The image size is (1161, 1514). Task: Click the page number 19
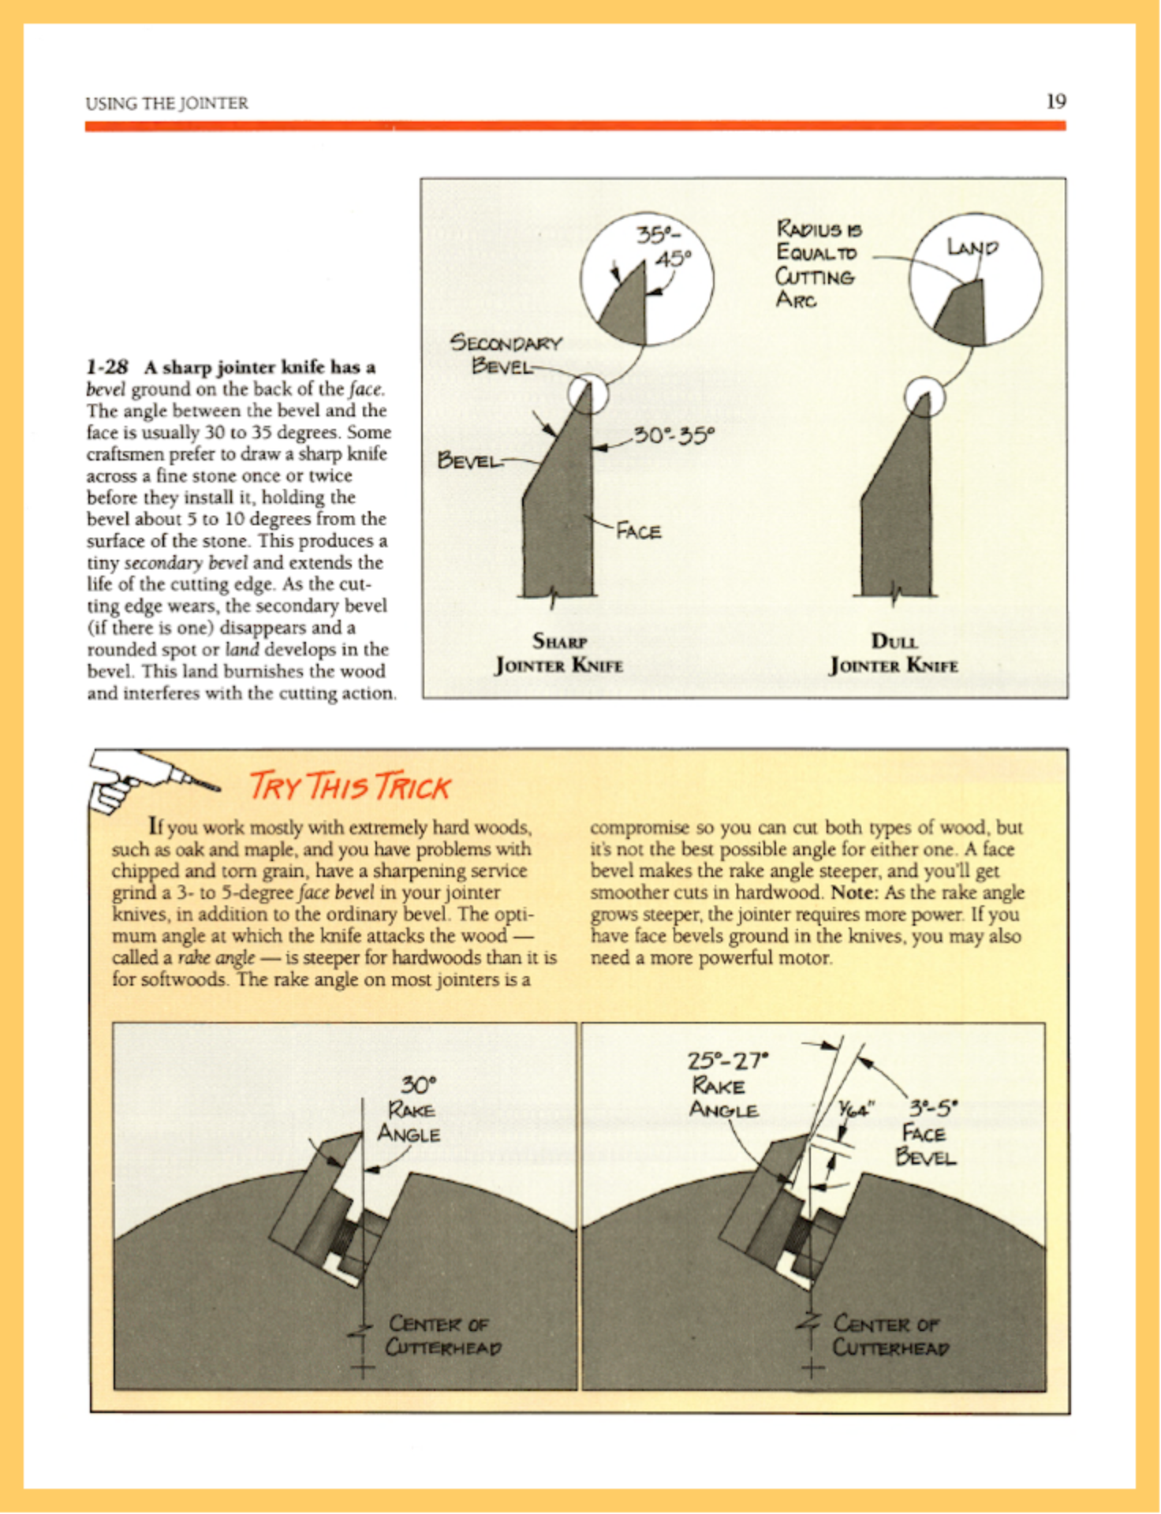pos(1056,101)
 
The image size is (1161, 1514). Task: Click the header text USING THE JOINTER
pos(166,103)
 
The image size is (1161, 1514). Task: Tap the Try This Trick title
pos(349,787)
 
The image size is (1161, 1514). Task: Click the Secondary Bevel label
pos(505,354)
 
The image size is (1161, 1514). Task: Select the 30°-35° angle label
pos(674,434)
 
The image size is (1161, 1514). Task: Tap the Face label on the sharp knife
pos(639,531)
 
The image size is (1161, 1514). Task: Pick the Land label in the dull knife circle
pos(972,248)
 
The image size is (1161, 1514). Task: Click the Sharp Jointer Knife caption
pos(558,653)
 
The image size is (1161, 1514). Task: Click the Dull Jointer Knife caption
pos(894,653)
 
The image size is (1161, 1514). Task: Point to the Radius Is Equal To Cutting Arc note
pos(816,264)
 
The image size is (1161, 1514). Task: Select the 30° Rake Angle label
pos(409,1109)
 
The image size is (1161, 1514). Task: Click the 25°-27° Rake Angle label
pos(724,1085)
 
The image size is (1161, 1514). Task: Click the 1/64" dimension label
pos(855,1109)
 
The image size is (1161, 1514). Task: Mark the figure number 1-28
pos(107,367)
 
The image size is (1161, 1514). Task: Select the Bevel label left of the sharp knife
pos(469,460)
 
